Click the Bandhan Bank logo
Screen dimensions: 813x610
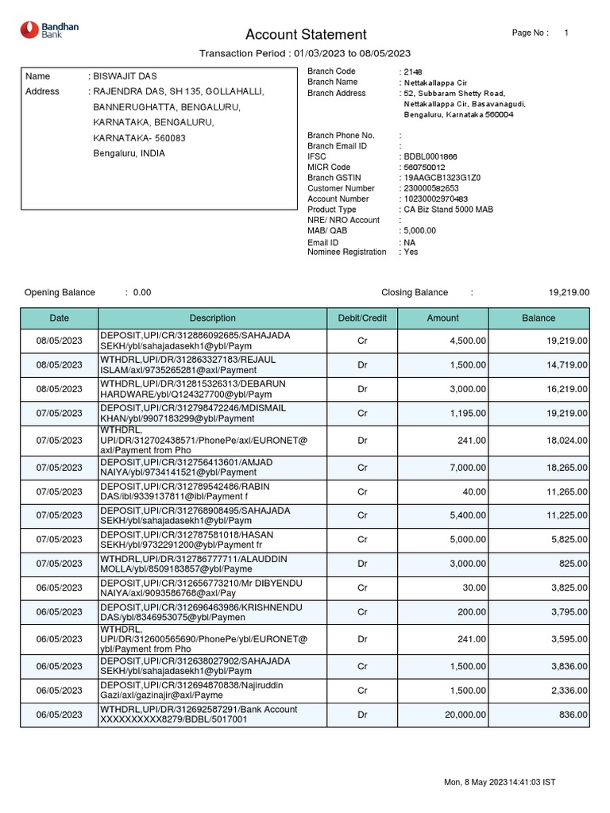[49, 31]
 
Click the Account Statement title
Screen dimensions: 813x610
[306, 34]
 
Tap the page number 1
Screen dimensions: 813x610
[566, 33]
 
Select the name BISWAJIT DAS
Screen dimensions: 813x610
[126, 76]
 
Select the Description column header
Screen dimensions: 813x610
[212, 318]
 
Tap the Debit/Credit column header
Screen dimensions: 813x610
[362, 318]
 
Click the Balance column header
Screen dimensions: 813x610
[539, 318]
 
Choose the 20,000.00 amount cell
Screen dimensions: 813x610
[465, 715]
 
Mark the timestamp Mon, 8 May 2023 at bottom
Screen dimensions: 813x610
[499, 783]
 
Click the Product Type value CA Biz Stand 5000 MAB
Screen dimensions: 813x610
[447, 210]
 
